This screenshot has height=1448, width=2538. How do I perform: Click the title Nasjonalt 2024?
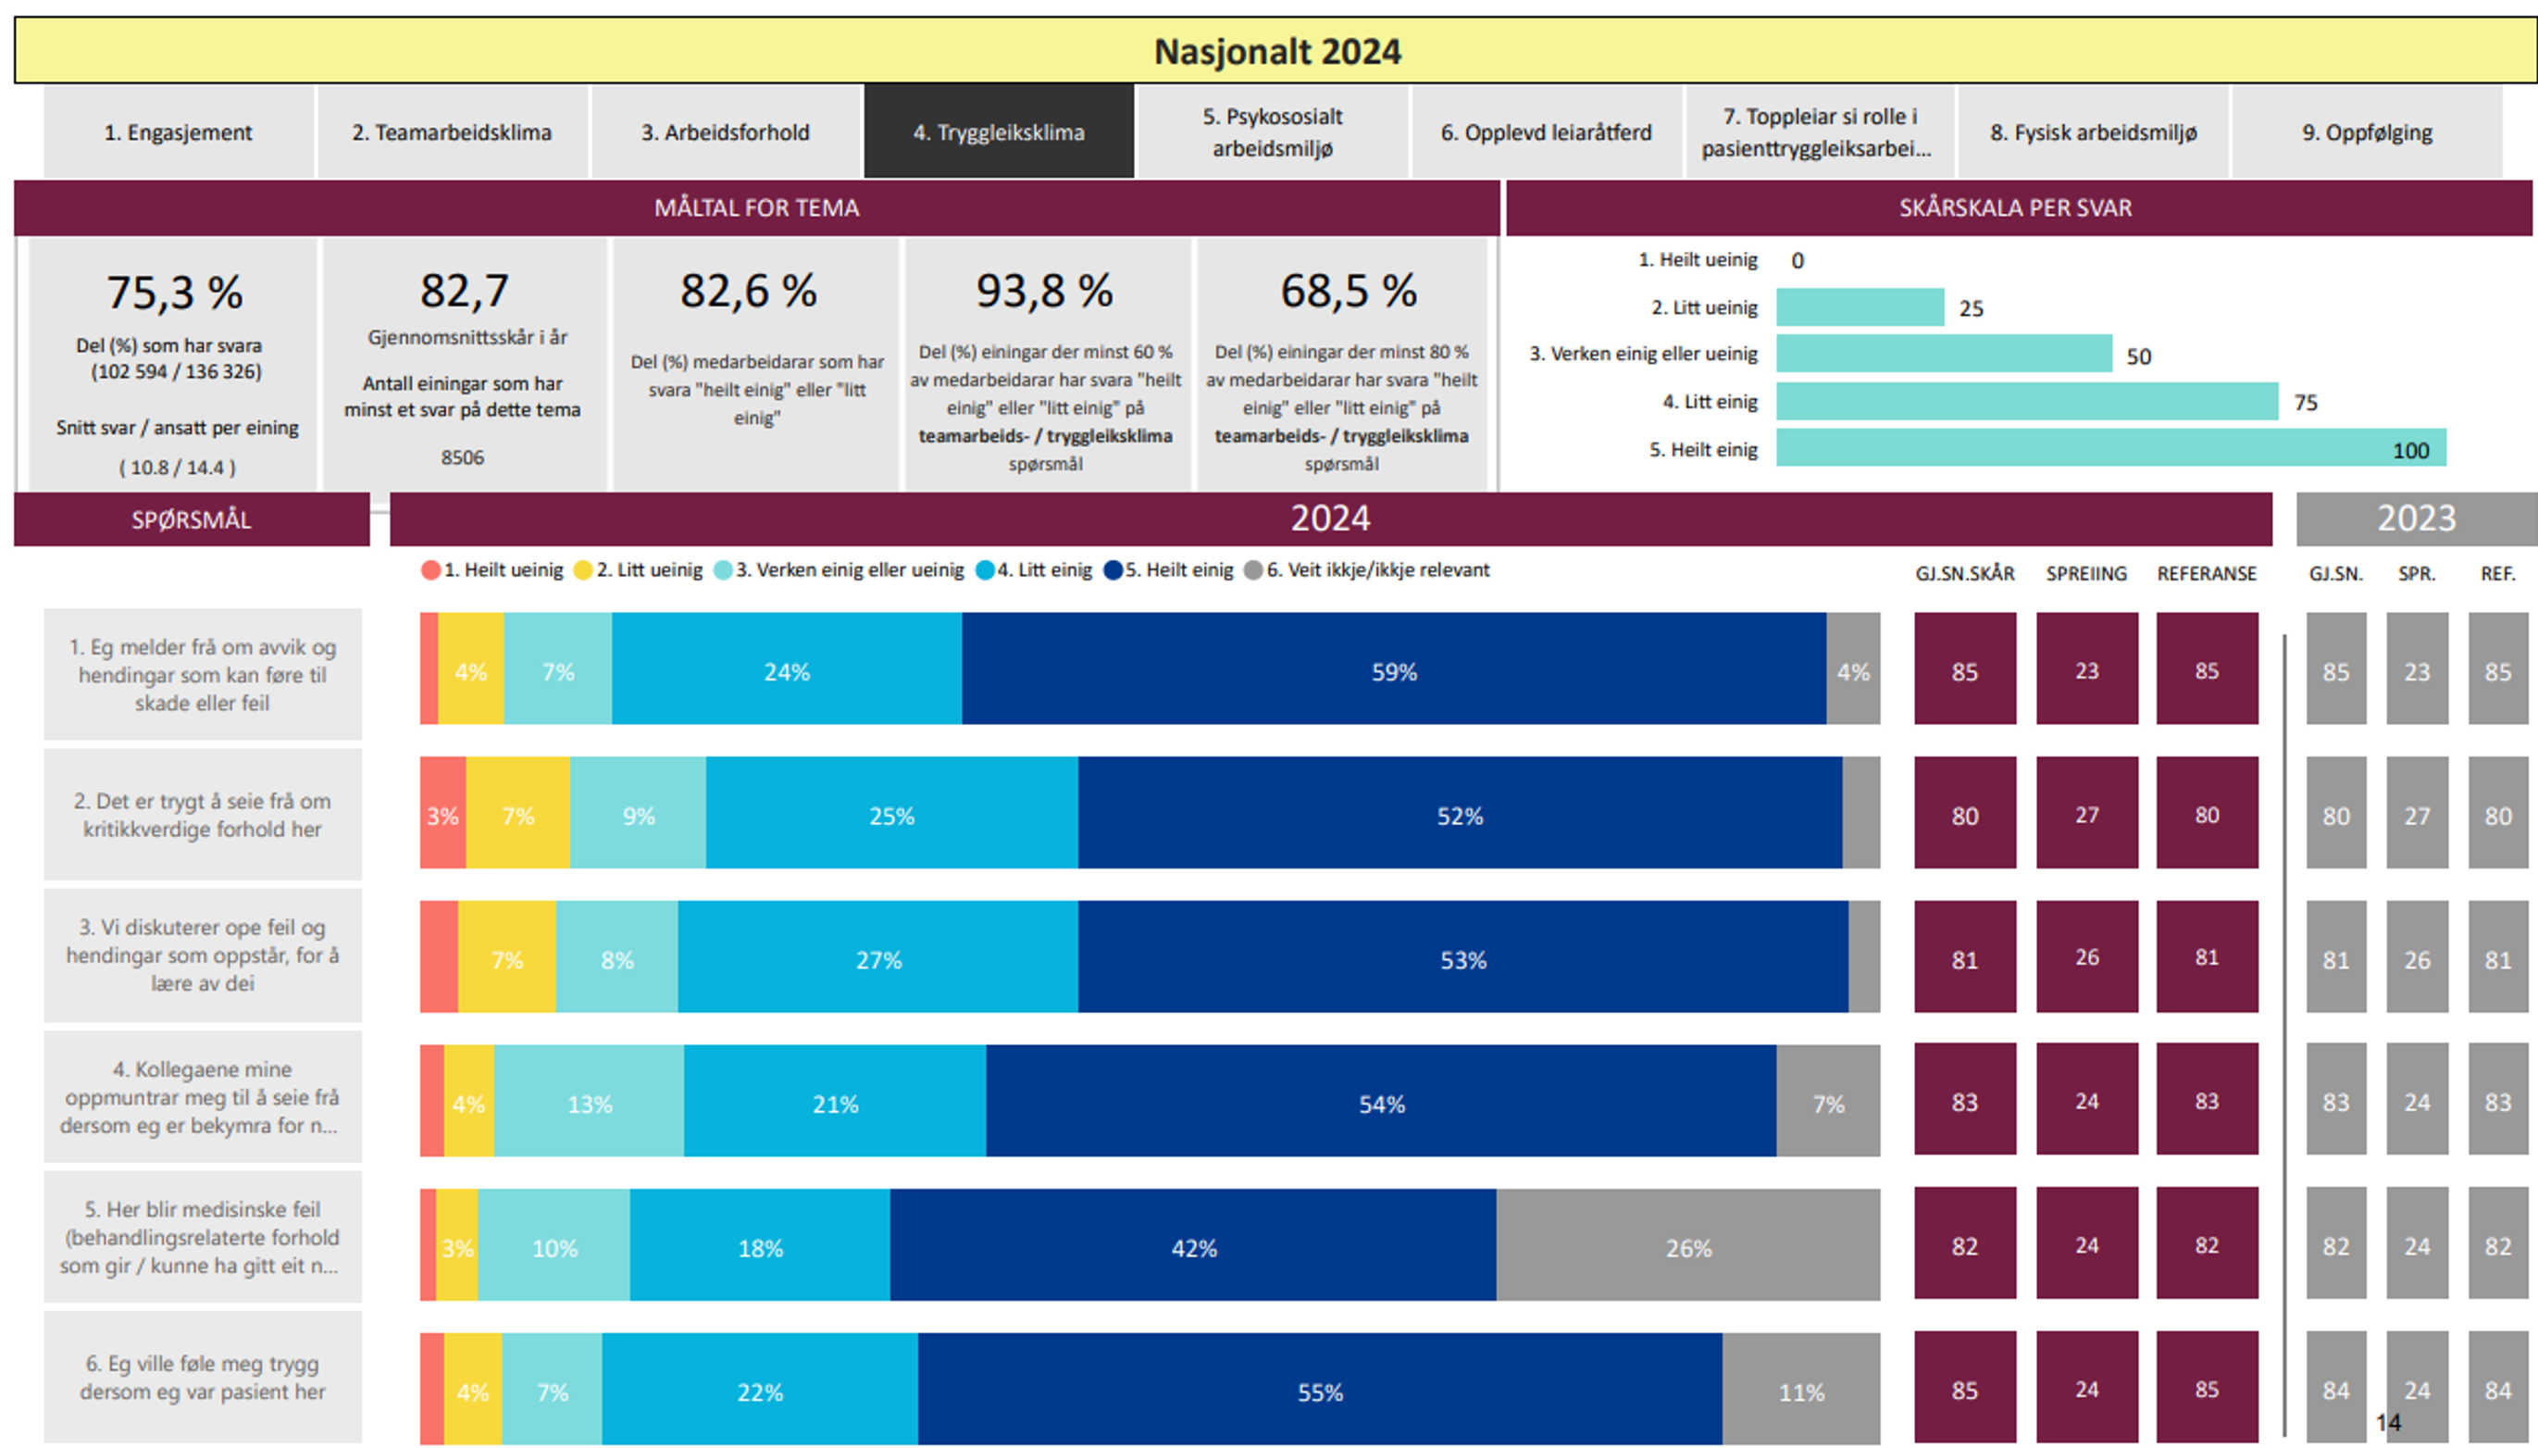click(x=1276, y=52)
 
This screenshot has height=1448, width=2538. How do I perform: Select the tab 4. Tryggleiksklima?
click(x=998, y=132)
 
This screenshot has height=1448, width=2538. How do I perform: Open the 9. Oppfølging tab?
click(x=2366, y=132)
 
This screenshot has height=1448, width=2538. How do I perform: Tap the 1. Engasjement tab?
click(x=179, y=132)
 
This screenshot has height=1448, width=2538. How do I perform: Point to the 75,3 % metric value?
click(x=175, y=293)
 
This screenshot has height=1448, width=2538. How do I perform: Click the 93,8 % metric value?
click(x=1044, y=291)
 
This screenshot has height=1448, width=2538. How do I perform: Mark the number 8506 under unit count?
click(x=462, y=457)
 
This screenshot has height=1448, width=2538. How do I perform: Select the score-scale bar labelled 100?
click(x=2110, y=448)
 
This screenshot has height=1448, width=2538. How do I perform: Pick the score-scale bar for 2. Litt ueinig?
click(x=1859, y=307)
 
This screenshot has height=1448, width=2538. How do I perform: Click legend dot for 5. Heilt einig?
click(x=1113, y=570)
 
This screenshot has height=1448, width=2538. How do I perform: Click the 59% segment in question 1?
click(x=1394, y=671)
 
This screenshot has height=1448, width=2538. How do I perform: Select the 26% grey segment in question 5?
click(x=1688, y=1247)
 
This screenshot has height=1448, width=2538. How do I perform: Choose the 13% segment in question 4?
click(x=589, y=1103)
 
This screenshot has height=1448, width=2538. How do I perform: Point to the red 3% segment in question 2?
click(x=442, y=816)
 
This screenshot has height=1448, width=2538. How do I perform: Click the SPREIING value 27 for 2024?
click(x=2085, y=815)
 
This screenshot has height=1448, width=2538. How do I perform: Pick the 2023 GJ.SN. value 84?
click(x=2335, y=1390)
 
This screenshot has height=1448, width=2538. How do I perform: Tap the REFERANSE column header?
click(x=2206, y=574)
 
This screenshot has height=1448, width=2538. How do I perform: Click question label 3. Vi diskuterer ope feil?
click(x=203, y=955)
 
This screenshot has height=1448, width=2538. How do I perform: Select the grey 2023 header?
click(x=2416, y=518)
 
